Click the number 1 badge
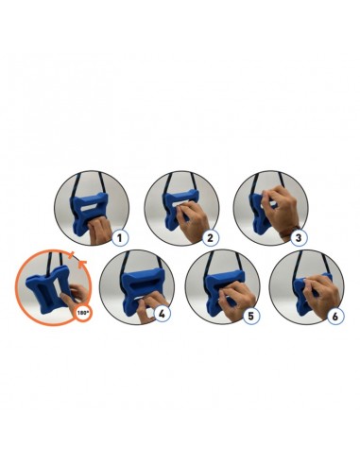(x=120, y=238)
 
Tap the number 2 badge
(x=210, y=238)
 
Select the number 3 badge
(x=299, y=238)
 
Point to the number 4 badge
(x=163, y=315)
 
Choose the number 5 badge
(x=251, y=316)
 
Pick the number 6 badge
(x=334, y=316)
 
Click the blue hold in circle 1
(x=89, y=214)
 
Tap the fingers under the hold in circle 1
(x=97, y=230)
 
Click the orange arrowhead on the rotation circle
(x=82, y=264)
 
